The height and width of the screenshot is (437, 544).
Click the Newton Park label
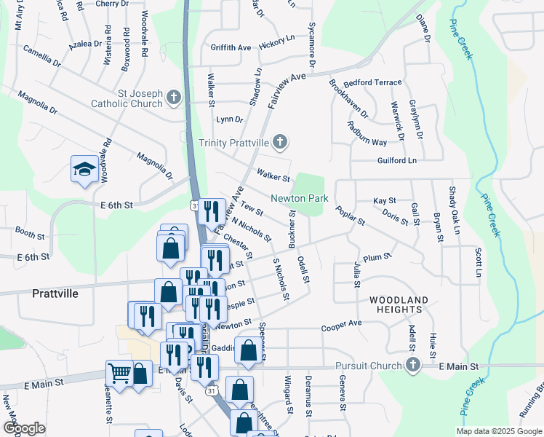300,198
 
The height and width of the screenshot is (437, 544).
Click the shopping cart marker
119,374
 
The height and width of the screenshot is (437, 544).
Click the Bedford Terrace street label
372,83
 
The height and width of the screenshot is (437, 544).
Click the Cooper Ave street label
342,323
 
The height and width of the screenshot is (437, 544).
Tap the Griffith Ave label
231,48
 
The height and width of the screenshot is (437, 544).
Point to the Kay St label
384,200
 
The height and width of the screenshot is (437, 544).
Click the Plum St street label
377,257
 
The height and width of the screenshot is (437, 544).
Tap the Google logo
24,428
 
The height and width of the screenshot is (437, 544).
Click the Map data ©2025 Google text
498,431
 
